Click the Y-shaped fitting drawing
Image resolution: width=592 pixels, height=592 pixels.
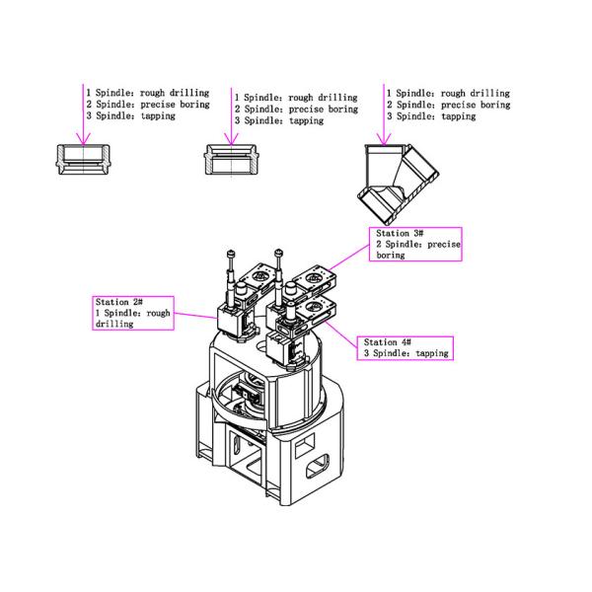pyautogui.click(x=398, y=185)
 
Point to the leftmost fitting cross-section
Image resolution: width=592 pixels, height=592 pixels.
pyautogui.click(x=83, y=159)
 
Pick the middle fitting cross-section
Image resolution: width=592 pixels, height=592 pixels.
pyautogui.click(x=231, y=160)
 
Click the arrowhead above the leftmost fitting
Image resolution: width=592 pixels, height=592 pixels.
pyautogui.click(x=83, y=138)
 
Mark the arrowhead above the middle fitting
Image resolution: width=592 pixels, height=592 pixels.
pyautogui.click(x=231, y=139)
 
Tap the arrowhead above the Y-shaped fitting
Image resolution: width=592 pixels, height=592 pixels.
pyautogui.click(x=384, y=139)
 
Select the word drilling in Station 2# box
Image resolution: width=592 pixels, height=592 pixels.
pyautogui.click(x=114, y=324)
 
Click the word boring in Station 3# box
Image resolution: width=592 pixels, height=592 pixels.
pyautogui.click(x=391, y=256)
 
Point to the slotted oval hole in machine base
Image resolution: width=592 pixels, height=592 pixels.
pyautogui.click(x=317, y=465)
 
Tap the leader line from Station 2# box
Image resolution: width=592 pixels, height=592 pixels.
pyautogui.click(x=196, y=316)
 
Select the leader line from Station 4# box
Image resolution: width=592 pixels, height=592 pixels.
pyautogui.click(x=340, y=334)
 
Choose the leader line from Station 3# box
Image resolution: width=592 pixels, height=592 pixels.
pyautogui.click(x=348, y=258)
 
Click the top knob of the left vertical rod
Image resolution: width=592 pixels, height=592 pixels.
pyautogui.click(x=231, y=253)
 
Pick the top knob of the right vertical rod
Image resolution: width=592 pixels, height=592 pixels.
pyautogui.click(x=278, y=252)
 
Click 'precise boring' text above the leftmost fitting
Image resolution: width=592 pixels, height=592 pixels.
pyautogui.click(x=176, y=105)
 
